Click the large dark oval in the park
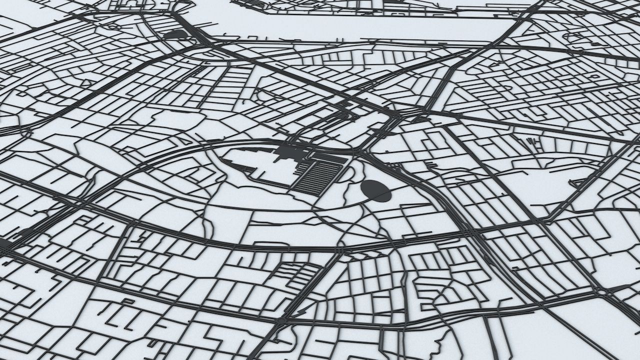(376, 190)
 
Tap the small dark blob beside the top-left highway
(175, 34)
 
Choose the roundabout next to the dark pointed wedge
(599, 291)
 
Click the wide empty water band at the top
(350, 25)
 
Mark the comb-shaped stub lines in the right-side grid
(534, 145)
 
